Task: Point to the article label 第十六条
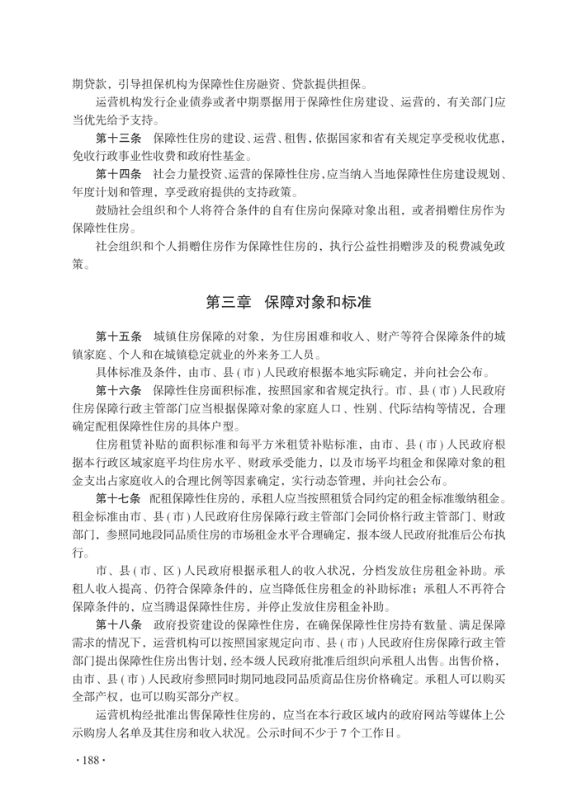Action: (119, 389)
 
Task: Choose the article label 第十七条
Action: (119, 498)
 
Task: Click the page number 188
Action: (86, 760)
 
